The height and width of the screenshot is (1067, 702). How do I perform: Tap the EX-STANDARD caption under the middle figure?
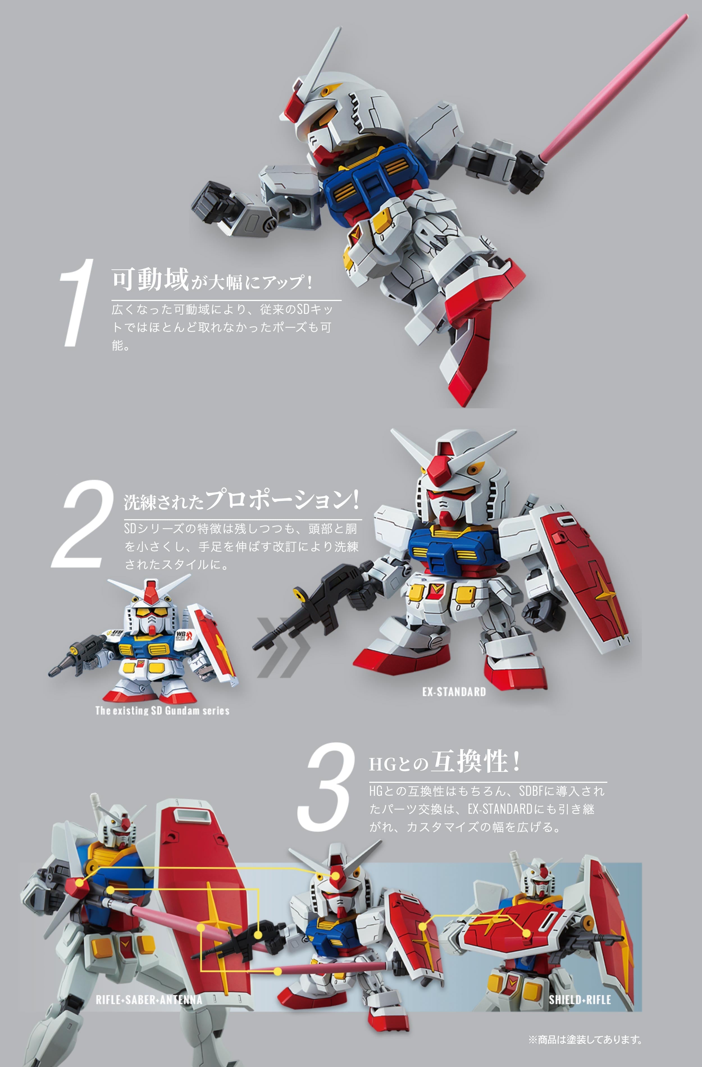click(454, 692)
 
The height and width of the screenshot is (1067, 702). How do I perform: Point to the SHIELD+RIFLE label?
click(580, 999)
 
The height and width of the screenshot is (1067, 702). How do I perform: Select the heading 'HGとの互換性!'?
click(444, 762)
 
